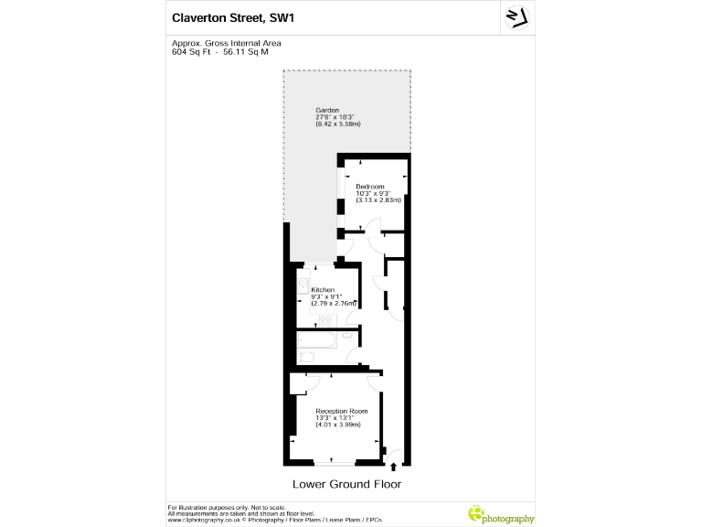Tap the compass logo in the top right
[517, 17]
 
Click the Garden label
[327, 110]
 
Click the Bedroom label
[371, 187]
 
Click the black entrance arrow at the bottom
[393, 467]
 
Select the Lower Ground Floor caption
[346, 484]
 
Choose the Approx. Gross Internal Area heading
[227, 43]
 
